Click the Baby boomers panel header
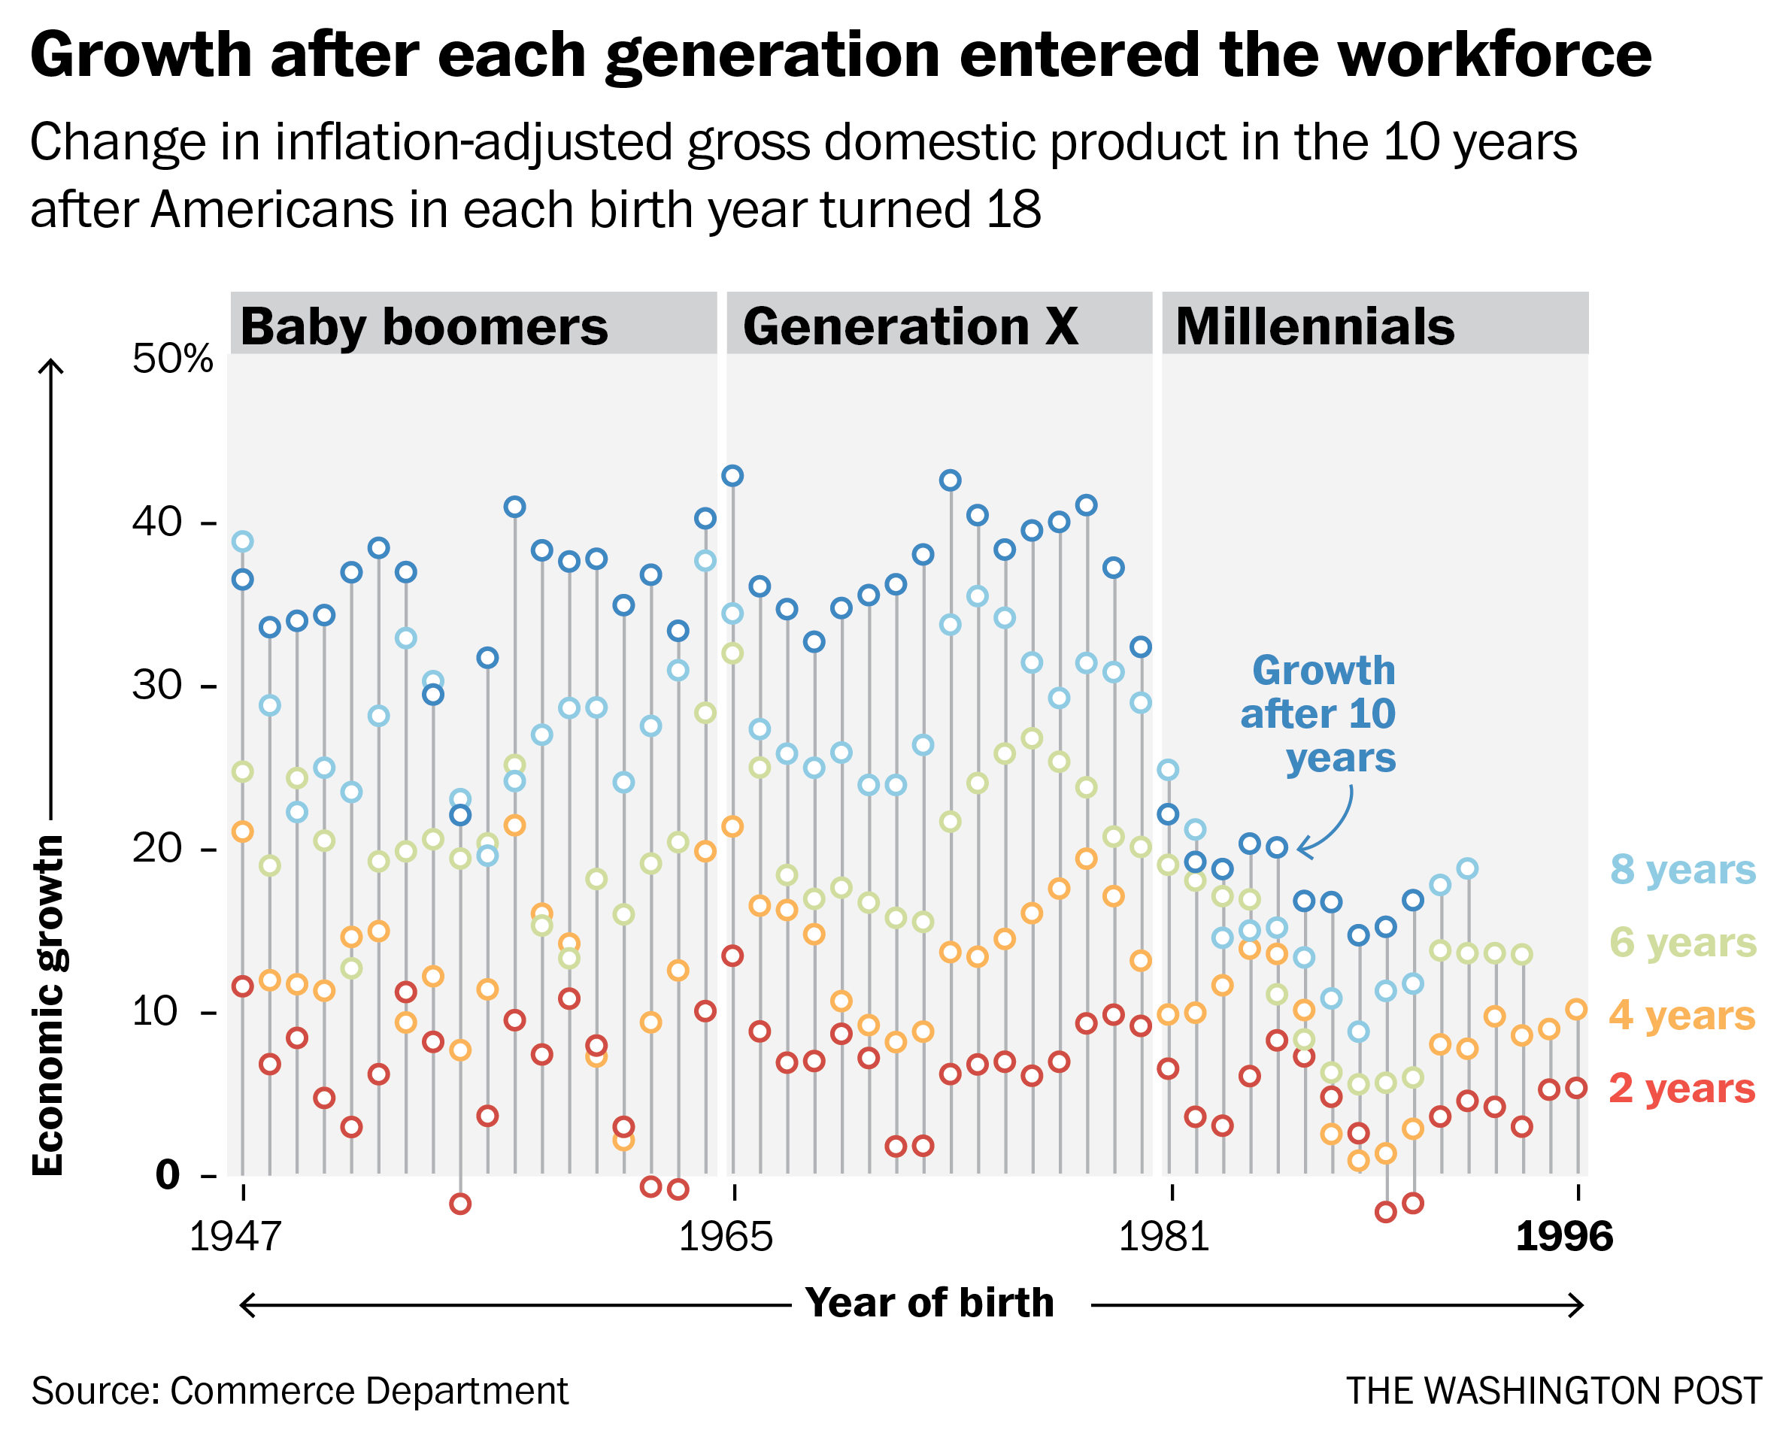tap(423, 326)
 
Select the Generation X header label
tap(910, 326)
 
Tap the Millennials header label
tap(1315, 326)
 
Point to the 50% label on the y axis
tap(172, 359)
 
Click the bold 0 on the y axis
tap(167, 1175)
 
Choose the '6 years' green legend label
tap(1683, 943)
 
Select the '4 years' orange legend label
tap(1683, 1016)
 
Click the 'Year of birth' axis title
tap(929, 1302)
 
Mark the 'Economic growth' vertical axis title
tap(48, 1005)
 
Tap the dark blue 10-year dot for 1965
tap(732, 476)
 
